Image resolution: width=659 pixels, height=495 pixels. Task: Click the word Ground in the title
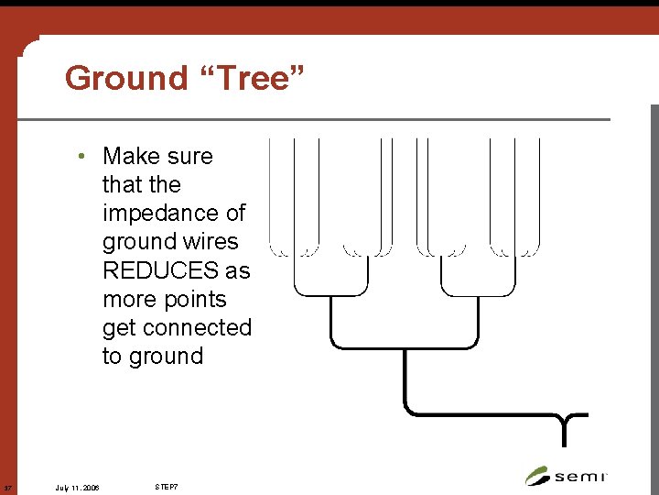(x=126, y=79)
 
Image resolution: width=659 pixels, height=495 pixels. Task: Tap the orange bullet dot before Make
(x=82, y=157)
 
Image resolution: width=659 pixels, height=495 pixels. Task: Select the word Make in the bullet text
(x=133, y=157)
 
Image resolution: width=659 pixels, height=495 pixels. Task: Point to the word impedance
(x=174, y=214)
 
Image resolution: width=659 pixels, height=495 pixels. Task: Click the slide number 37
(x=7, y=486)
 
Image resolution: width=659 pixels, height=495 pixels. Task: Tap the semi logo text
(x=580, y=477)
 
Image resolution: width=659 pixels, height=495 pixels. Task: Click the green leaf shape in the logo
(x=537, y=477)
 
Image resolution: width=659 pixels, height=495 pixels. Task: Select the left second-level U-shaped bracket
(x=330, y=293)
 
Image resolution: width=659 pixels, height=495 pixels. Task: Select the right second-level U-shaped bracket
(x=478, y=293)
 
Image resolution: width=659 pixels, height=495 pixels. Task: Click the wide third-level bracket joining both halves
(x=404, y=347)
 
